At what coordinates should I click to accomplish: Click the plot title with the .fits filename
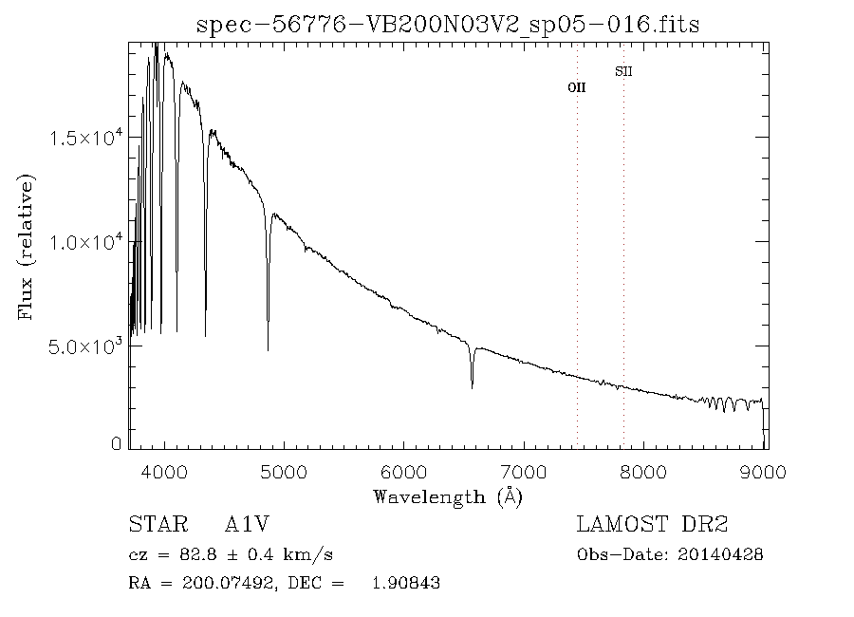tap(447, 25)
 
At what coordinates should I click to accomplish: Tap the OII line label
tap(576, 87)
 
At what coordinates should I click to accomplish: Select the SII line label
tap(623, 71)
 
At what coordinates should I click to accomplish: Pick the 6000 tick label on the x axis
tap(405, 472)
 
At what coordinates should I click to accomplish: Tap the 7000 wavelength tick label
tap(525, 472)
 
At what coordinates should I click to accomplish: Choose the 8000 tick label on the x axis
tap(645, 472)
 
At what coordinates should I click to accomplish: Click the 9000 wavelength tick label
tap(765, 472)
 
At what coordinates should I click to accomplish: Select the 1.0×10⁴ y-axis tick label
tap(84, 242)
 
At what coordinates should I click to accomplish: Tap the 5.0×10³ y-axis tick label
tap(84, 346)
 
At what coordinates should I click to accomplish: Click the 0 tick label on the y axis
tap(116, 443)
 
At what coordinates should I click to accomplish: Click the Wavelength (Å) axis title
tap(447, 496)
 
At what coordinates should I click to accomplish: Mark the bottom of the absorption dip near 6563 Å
tap(472, 387)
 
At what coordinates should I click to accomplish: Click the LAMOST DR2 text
tap(652, 525)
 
